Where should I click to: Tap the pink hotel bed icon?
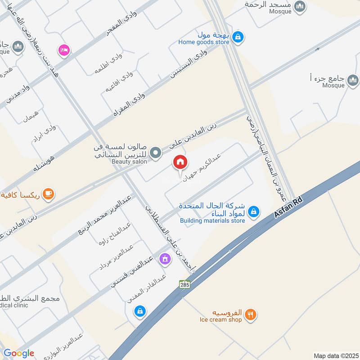64,50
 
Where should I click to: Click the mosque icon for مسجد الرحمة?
300,7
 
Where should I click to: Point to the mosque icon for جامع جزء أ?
353,80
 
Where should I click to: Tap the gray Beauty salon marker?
156,153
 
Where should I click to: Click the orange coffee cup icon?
47,194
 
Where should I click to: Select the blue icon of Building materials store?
253,211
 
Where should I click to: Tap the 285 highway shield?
184,284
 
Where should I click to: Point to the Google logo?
19,354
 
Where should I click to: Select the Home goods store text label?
203,42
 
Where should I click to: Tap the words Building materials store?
212,220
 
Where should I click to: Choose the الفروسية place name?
229,312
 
